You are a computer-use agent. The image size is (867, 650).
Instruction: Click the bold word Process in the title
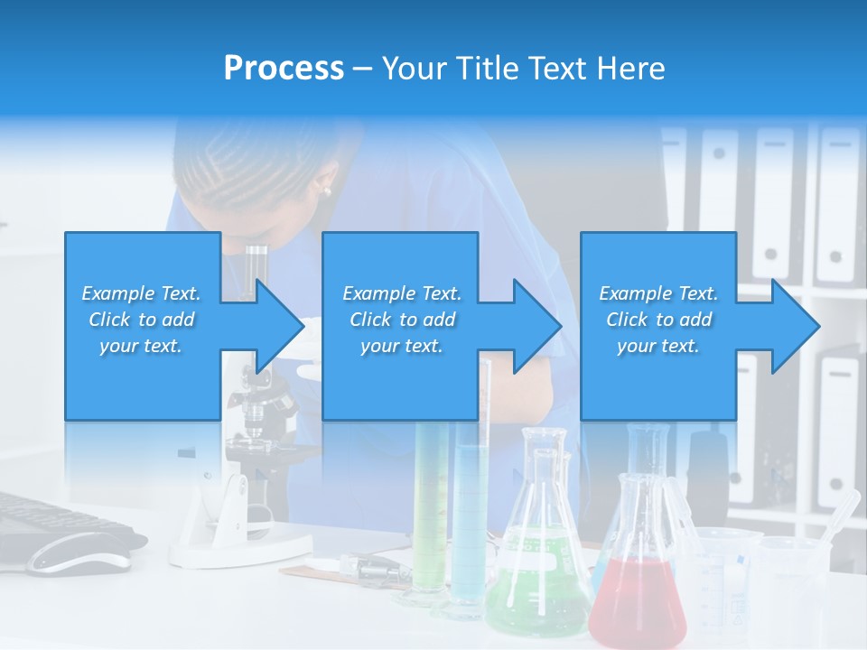click(284, 69)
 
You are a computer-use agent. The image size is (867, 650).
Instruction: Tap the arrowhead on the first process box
click(275, 326)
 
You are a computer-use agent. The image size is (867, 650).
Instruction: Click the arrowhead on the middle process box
click(534, 326)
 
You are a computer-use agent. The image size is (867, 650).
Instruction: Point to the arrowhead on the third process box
click(793, 326)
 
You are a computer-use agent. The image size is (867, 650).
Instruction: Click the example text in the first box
click(141, 319)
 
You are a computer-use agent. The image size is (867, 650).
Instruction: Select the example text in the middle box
click(401, 319)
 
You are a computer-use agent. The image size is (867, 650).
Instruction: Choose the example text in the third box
click(658, 319)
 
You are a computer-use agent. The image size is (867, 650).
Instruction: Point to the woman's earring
click(326, 190)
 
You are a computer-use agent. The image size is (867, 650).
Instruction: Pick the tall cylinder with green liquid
click(431, 506)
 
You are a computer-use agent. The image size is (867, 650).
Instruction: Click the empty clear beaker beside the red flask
click(718, 578)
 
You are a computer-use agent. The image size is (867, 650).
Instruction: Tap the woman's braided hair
click(235, 172)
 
